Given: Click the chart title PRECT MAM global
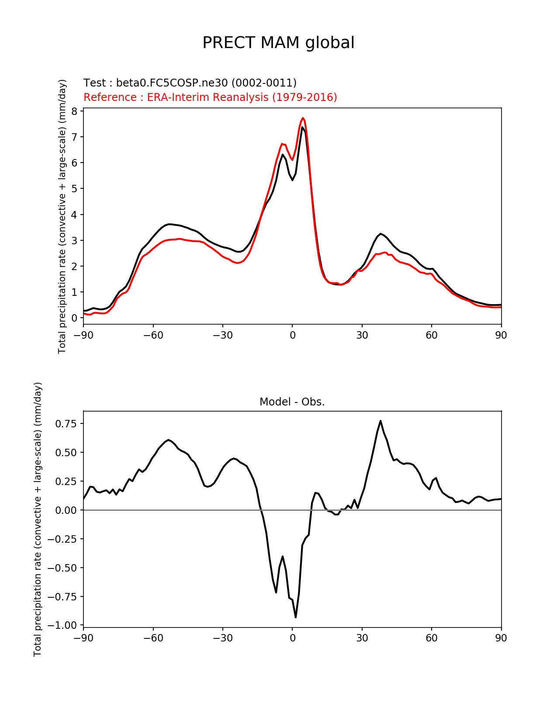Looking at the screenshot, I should (x=278, y=43).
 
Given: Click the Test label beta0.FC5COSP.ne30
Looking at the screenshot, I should (x=190, y=83).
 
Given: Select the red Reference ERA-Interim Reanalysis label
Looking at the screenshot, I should (x=210, y=97).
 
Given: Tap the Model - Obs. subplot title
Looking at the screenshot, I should (x=292, y=402).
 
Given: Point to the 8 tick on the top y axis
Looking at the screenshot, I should (x=74, y=111).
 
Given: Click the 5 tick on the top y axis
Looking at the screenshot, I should (x=74, y=189).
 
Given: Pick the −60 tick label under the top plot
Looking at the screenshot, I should (x=153, y=335).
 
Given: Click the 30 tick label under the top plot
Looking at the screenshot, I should (x=362, y=335).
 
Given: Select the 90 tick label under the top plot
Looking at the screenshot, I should (x=501, y=335).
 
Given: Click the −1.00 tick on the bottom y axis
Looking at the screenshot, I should (x=62, y=625).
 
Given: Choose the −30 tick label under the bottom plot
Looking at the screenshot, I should (x=222, y=638).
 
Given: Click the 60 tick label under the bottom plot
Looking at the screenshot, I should (x=431, y=638).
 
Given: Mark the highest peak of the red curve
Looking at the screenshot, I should (x=303, y=118).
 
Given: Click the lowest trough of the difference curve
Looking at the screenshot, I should (x=296, y=617).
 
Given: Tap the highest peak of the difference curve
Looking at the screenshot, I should (x=381, y=421).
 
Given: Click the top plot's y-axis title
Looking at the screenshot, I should (x=62, y=216).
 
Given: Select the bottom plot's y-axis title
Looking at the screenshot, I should (x=38, y=519).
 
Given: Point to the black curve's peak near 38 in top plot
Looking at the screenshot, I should (x=381, y=234).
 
